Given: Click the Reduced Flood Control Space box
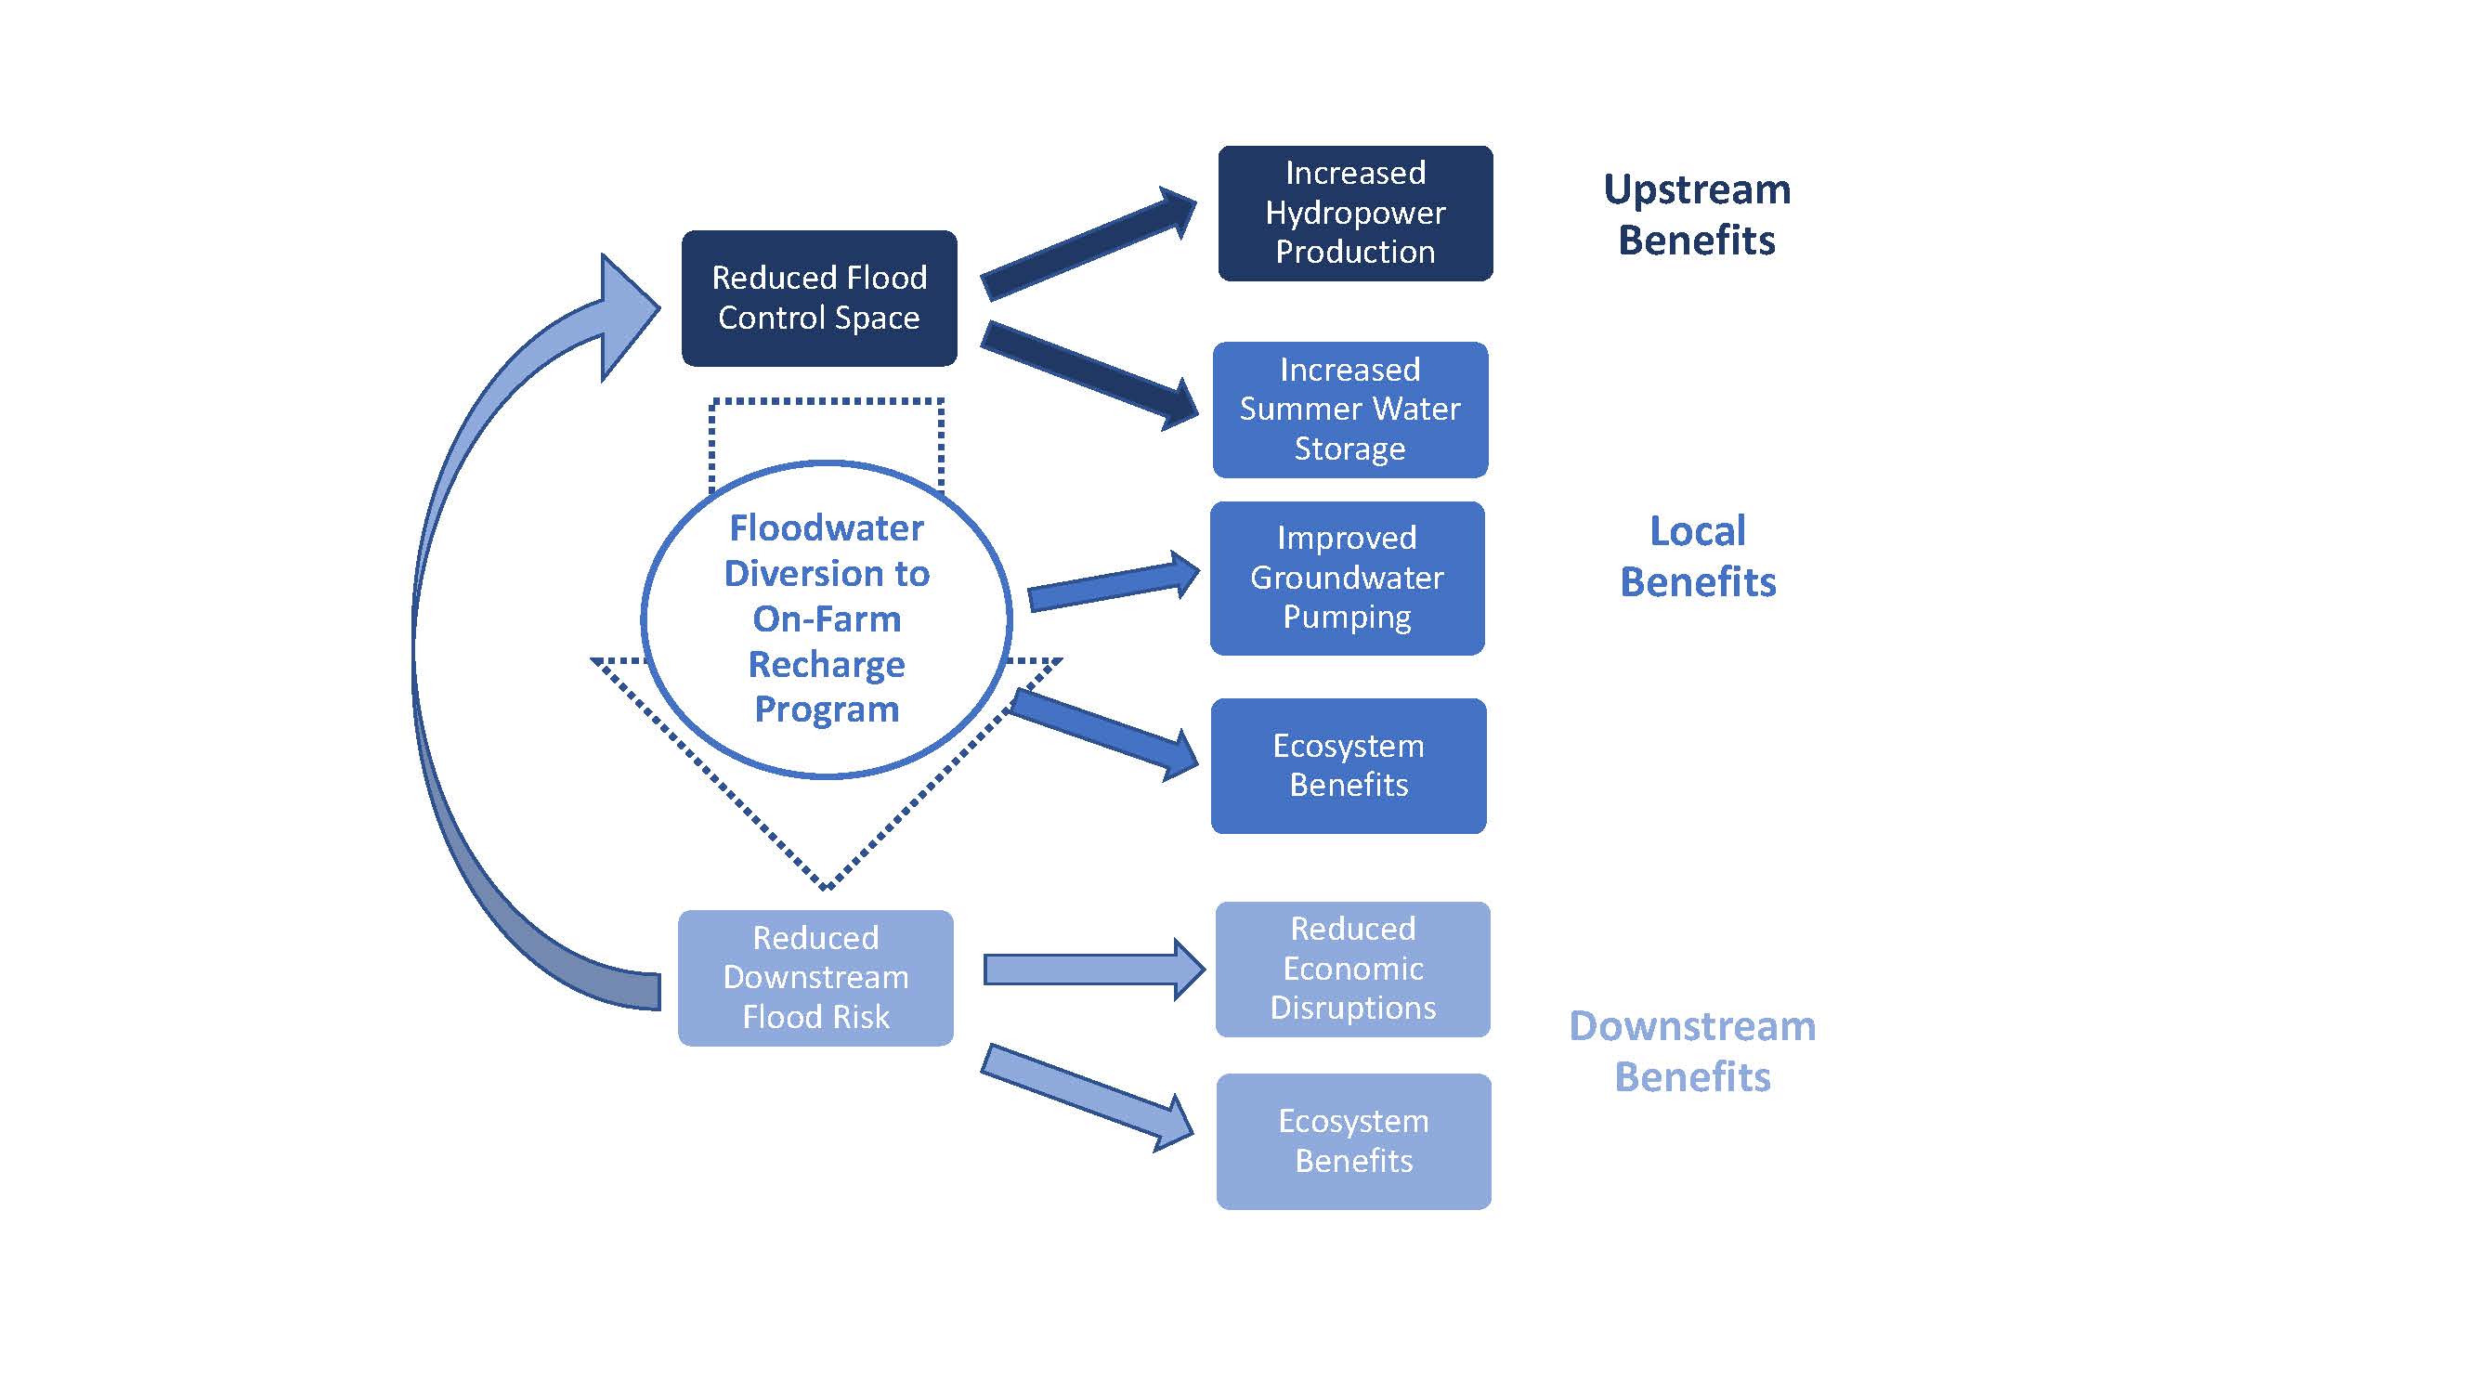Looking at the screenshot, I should coord(818,298).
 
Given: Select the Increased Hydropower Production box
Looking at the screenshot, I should coord(1355,213).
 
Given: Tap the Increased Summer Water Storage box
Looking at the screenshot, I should coord(1349,410).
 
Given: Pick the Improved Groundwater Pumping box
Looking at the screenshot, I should coord(1346,578).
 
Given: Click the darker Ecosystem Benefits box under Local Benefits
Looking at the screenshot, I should coord(1349,765).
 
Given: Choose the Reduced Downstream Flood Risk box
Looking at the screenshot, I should coord(815,978).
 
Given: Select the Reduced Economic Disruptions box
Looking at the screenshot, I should coord(1352,969).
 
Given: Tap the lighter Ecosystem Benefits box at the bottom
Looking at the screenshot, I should coord(1353,1141).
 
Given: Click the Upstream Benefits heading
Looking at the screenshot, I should coord(1696,215).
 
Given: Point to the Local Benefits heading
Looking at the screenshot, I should coord(1697,556).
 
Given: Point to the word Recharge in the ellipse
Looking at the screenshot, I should coord(826,664).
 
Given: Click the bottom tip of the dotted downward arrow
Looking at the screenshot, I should coord(825,884).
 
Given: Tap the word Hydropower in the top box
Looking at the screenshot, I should coord(1355,213).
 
